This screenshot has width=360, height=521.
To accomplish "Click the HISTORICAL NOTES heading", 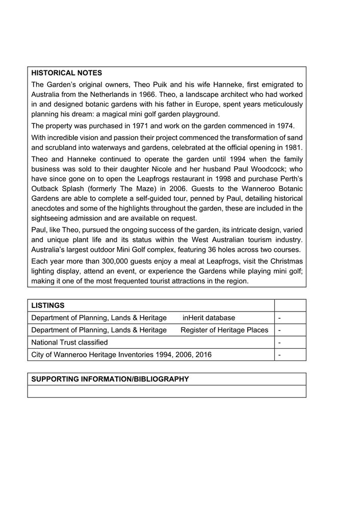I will pos(67,73).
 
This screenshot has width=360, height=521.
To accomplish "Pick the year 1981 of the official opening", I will pos(294,147).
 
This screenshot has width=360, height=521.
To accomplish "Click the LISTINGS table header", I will pos(48,305).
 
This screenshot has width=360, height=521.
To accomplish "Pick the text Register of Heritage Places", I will pos(224,330).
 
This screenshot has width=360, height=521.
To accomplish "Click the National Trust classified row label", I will pos(69,342).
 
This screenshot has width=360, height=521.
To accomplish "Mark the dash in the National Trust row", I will pos(280,343).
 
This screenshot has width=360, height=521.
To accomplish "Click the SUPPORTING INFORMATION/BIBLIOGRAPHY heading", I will pos(110,379).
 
